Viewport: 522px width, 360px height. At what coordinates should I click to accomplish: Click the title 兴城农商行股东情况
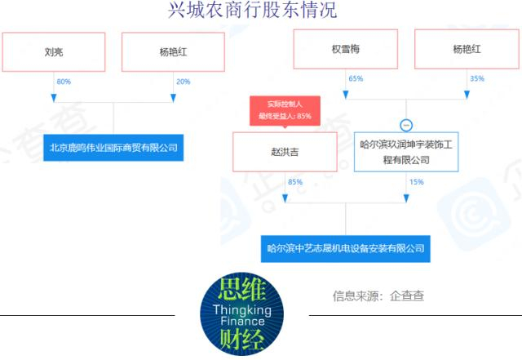[252, 10]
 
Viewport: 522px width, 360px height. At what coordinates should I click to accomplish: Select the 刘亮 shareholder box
[54, 52]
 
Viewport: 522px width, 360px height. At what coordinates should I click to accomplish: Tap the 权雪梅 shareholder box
[346, 49]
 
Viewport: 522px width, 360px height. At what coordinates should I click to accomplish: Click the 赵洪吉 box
[285, 152]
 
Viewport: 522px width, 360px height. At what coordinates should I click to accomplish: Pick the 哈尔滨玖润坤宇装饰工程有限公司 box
[406, 152]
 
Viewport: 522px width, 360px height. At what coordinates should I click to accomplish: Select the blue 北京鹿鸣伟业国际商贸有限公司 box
[113, 148]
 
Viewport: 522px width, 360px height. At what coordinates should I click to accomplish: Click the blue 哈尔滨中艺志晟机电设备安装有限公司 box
[346, 249]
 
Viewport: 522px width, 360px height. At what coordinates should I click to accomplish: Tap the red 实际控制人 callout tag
[285, 111]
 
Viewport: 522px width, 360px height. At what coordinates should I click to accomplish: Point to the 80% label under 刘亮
[64, 82]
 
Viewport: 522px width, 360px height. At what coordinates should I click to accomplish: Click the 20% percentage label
[183, 82]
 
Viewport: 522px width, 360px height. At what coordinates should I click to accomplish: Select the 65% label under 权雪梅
[356, 78]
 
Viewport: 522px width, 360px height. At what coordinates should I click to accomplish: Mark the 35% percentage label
[476, 78]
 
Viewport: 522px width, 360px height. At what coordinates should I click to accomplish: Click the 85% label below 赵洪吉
[295, 182]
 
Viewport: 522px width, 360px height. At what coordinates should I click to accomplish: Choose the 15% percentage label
[416, 182]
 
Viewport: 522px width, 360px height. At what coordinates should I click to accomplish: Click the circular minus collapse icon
[406, 126]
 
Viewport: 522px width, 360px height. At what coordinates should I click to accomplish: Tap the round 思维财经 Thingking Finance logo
[241, 314]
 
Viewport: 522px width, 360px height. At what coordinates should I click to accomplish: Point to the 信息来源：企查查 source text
[378, 296]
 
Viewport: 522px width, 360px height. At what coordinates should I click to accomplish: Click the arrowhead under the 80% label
[54, 98]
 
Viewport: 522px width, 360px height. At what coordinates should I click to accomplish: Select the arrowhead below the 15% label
[406, 198]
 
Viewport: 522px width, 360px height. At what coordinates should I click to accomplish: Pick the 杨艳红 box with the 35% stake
[467, 49]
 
